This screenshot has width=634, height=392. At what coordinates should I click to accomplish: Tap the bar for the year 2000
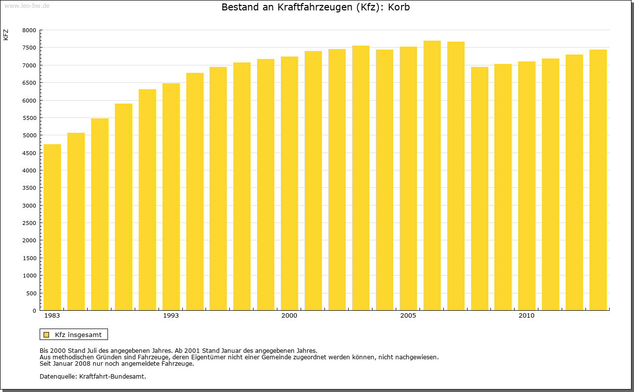289,183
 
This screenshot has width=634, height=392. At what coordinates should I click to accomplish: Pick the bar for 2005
408,178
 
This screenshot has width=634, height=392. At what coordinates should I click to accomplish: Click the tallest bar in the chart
432,175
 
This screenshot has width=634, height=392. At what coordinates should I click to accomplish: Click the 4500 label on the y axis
30,153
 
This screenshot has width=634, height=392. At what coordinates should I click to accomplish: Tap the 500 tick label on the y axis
32,293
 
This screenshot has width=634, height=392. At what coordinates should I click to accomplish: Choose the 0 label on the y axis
34,311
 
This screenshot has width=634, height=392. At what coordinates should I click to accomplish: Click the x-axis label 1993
171,316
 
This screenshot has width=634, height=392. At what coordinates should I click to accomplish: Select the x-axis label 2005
408,316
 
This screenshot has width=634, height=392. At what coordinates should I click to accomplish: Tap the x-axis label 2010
527,316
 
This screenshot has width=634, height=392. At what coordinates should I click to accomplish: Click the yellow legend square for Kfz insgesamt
46,335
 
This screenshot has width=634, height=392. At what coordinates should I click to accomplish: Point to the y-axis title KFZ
6,35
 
